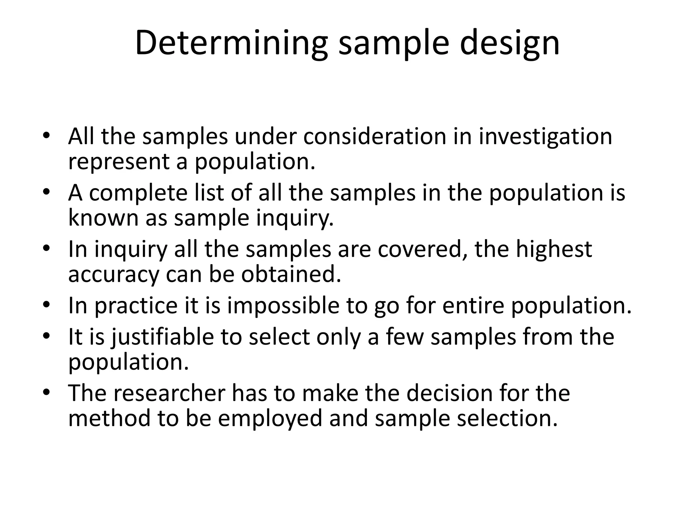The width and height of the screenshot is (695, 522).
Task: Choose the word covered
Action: click(x=420, y=249)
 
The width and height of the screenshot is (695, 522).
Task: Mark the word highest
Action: click(x=554, y=249)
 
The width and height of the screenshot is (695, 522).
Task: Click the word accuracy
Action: click(x=113, y=274)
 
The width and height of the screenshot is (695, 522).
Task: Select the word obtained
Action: click(x=291, y=274)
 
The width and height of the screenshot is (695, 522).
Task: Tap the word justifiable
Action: click(x=163, y=337)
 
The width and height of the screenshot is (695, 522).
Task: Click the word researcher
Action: click(x=169, y=393)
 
